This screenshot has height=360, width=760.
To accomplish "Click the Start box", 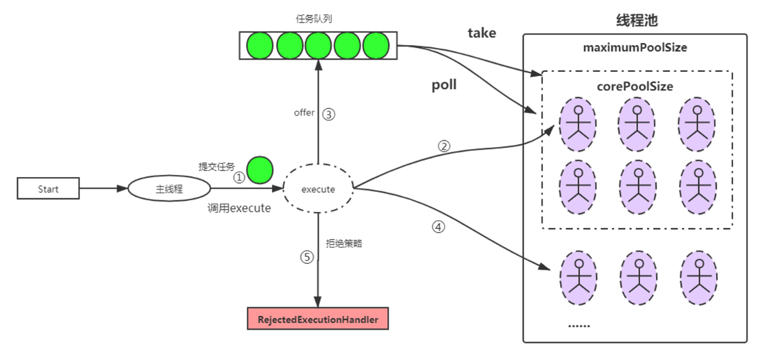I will click(48, 190).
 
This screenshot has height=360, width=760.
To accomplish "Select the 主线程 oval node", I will click(169, 190).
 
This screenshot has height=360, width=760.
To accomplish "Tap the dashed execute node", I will click(318, 190).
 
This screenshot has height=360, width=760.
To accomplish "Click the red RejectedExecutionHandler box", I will click(318, 319).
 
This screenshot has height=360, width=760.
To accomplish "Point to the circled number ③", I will click(329, 114).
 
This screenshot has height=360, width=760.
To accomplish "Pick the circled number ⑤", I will click(307, 257).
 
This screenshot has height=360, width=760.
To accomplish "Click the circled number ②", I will click(444, 146).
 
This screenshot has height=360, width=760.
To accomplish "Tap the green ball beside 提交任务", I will click(260, 169).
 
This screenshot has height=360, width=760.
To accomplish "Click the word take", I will click(481, 33).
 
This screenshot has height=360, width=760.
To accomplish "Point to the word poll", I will click(444, 85).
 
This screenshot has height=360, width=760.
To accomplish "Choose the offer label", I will click(304, 113).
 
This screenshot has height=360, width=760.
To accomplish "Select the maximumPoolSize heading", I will click(635, 48).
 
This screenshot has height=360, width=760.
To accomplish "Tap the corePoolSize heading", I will click(635, 87).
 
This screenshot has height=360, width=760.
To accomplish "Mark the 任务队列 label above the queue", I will click(313, 18).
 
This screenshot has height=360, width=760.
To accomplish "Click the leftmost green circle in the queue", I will click(260, 45).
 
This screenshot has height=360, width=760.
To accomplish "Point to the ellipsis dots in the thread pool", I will click(579, 325).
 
